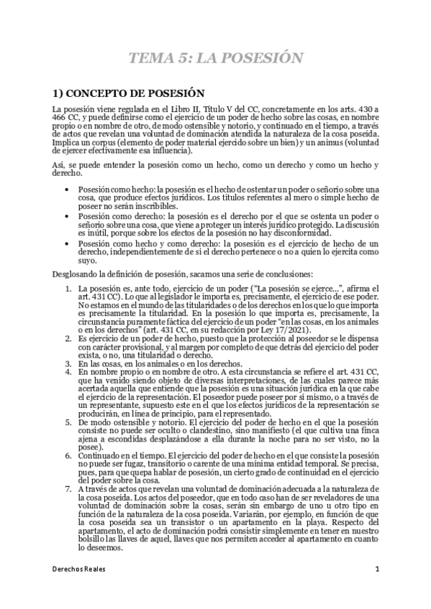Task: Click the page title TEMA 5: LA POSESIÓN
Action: [215, 57]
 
